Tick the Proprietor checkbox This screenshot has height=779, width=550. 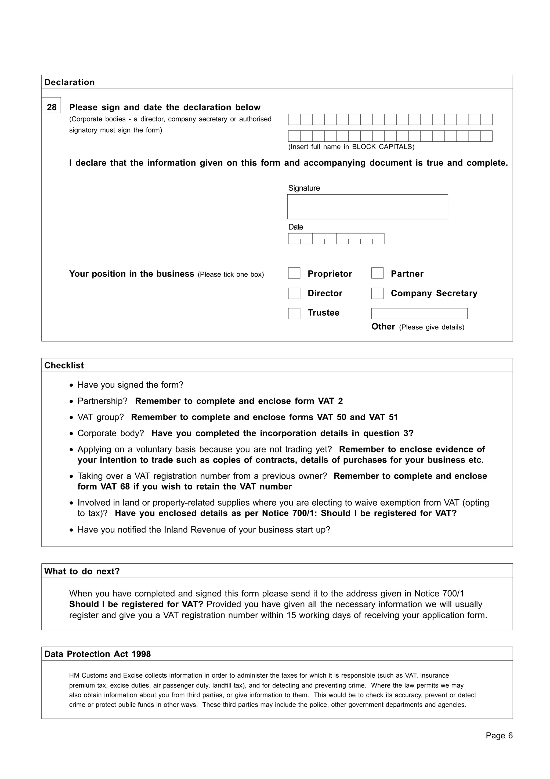[294, 273]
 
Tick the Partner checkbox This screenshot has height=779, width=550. [377, 273]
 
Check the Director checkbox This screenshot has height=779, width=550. [294, 293]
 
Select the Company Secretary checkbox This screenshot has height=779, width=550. [377, 293]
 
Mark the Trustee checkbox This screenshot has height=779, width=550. [294, 313]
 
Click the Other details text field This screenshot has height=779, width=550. [419, 313]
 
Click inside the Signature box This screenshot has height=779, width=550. [367, 207]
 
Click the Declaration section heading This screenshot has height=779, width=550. [70, 82]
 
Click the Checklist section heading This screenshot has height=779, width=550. [64, 365]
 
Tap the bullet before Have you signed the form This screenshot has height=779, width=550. [71, 385]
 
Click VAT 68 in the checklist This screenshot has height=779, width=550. [115, 487]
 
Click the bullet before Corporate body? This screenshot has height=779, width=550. [71, 434]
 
